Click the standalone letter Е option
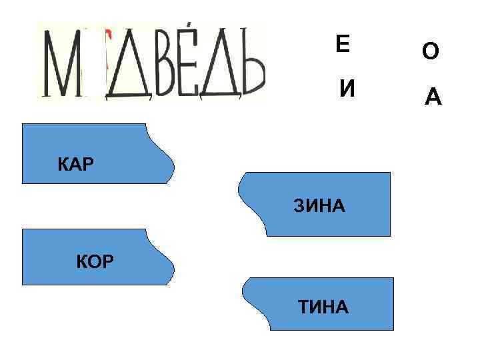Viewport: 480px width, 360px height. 342,45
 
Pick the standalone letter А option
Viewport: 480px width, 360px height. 433,98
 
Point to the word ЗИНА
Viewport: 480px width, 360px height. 319,206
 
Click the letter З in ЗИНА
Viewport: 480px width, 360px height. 299,206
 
